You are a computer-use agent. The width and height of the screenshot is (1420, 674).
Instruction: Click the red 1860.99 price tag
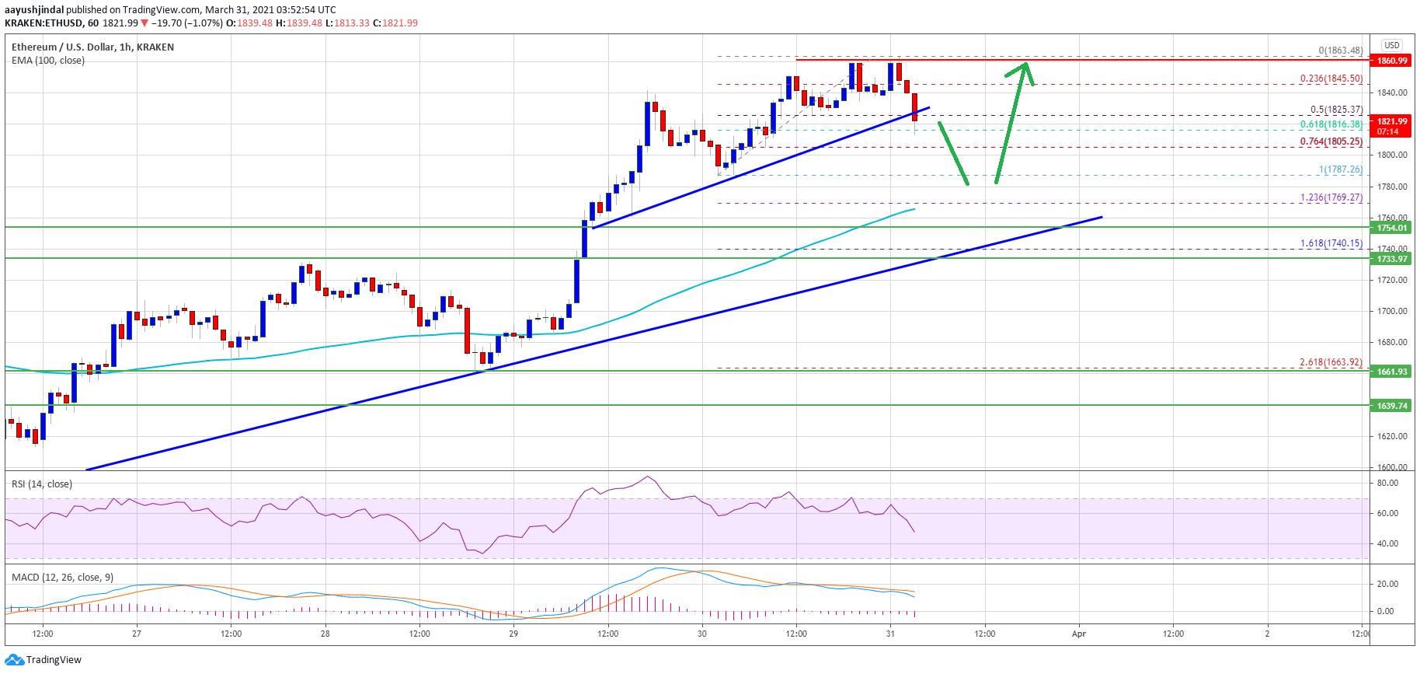point(1392,61)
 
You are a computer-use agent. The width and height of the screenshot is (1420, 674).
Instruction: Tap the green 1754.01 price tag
point(1392,228)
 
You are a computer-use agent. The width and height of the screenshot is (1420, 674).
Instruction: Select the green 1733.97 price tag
point(1392,259)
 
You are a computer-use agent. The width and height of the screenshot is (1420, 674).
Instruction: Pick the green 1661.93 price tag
point(1392,372)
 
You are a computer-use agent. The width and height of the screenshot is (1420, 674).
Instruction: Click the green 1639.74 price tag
point(1392,406)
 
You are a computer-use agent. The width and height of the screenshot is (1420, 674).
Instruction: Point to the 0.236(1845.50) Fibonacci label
point(1331,79)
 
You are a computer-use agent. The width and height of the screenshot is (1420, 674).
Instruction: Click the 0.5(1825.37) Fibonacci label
point(1336,110)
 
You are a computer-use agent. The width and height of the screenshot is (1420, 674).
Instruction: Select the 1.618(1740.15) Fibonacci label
point(1331,243)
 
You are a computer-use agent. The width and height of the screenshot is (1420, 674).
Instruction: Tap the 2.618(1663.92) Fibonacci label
point(1331,362)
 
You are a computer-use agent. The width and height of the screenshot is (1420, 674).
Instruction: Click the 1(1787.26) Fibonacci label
point(1340,169)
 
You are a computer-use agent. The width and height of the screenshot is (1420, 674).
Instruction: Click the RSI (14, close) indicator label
point(42,484)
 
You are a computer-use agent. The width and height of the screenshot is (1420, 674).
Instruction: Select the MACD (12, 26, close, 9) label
point(62,578)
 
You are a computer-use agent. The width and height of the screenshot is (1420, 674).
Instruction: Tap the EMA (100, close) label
point(48,61)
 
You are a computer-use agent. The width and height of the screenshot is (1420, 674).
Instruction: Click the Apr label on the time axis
point(1079,634)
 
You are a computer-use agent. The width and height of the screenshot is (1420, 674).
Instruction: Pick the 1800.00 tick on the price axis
point(1392,155)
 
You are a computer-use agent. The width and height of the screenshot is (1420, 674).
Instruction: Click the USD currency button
point(1392,45)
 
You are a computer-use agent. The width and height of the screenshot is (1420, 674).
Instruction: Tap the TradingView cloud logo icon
point(14,660)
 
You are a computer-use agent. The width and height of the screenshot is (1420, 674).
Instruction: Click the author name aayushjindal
point(34,10)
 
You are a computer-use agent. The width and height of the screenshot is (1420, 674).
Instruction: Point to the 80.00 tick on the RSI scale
point(1387,483)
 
